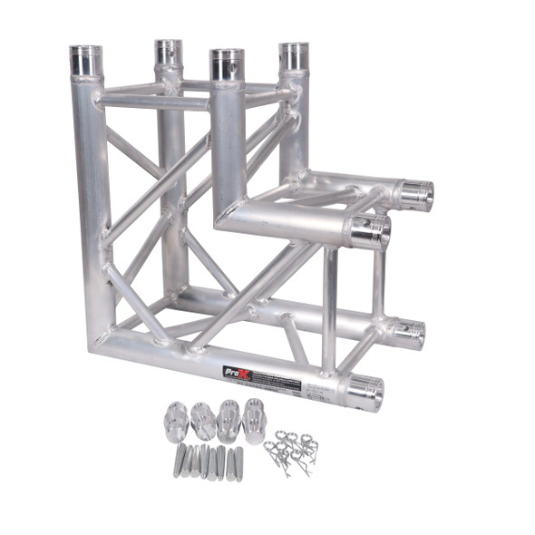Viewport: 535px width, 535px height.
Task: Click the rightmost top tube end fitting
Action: [x=293, y=56]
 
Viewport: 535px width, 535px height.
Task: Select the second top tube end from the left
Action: [x=168, y=53]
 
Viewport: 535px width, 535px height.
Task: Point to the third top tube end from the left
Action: [x=227, y=64]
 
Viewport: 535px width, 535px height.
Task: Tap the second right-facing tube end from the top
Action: [x=371, y=231]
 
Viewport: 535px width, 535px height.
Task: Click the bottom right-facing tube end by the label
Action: [x=364, y=392]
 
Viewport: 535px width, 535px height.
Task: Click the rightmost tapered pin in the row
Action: [x=238, y=463]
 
